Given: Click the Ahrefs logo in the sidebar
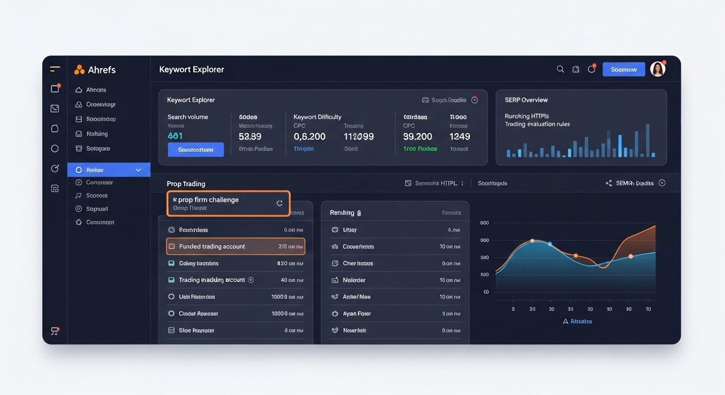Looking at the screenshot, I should [x=95, y=70].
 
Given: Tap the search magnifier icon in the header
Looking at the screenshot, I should [x=560, y=69].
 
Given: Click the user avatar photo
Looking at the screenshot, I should [x=658, y=69].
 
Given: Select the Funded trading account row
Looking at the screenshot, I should [x=235, y=246].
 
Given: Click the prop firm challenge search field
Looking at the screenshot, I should [x=221, y=203].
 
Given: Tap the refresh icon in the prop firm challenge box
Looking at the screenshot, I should [x=280, y=203].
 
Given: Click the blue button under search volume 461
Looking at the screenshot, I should [x=196, y=150].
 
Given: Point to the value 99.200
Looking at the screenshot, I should [x=417, y=136].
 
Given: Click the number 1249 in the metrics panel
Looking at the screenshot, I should [x=459, y=136].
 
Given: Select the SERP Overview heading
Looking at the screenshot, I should [x=526, y=100].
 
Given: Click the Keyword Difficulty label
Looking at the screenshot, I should [x=317, y=117].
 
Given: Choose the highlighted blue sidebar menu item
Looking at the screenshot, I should [x=109, y=170].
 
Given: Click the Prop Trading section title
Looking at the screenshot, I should [x=186, y=184].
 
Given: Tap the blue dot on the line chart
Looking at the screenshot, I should [x=549, y=244].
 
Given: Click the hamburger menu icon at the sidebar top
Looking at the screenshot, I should [x=55, y=69].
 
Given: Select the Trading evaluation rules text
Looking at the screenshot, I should [x=537, y=124].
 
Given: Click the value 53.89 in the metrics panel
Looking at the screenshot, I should [x=250, y=136].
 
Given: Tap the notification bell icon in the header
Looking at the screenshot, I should [x=592, y=69].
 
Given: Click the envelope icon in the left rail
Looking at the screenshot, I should [x=55, y=109].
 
